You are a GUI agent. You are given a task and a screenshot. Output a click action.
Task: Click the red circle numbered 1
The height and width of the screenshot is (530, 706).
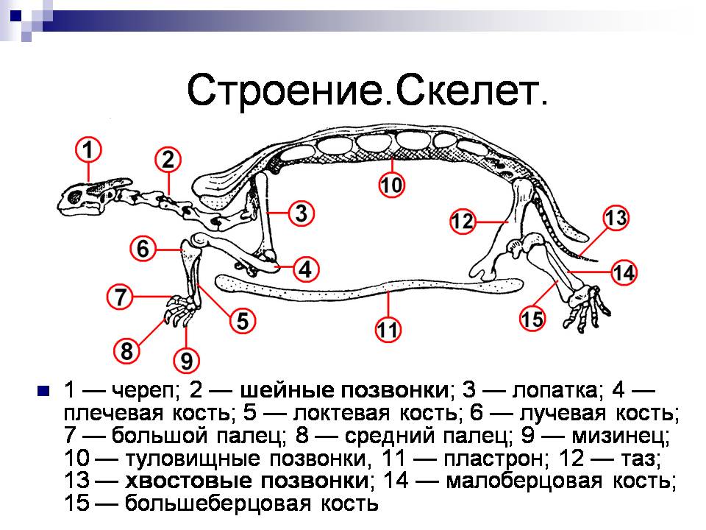pos(88,150)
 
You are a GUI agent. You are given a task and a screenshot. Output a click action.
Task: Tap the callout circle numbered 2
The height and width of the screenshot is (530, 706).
pos(168,160)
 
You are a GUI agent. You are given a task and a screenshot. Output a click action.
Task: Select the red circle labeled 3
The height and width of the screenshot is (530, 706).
pos(301,213)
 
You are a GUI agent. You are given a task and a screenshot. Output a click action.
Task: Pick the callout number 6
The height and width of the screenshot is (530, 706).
pos(143,248)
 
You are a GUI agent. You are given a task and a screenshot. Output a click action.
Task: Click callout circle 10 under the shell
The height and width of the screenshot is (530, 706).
pos(391,185)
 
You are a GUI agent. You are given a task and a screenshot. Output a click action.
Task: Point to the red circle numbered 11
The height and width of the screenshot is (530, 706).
pos(388,330)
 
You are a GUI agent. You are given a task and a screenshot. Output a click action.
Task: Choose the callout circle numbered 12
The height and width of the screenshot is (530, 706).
pos(463,222)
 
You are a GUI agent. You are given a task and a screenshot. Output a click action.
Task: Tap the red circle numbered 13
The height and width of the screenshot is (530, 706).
pos(616,218)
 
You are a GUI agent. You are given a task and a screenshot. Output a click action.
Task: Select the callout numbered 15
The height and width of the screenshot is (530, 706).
pos(532,319)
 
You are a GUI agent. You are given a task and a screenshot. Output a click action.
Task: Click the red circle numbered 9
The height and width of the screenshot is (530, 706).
pos(186,361)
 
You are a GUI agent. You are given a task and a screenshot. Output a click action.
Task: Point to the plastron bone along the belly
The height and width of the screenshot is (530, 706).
pos(369,288)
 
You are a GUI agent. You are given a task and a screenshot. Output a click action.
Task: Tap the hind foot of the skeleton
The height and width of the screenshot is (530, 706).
pos(586,306)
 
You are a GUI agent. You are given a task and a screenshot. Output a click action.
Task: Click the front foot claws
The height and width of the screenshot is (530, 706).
pos(182,310)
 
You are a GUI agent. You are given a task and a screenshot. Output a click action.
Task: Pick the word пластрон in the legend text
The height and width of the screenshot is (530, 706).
pos(493,459)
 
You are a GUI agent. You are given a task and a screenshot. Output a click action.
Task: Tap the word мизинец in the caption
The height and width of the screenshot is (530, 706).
pos(621,435)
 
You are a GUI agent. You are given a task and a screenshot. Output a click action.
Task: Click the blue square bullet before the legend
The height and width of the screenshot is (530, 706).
pos(43,390)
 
